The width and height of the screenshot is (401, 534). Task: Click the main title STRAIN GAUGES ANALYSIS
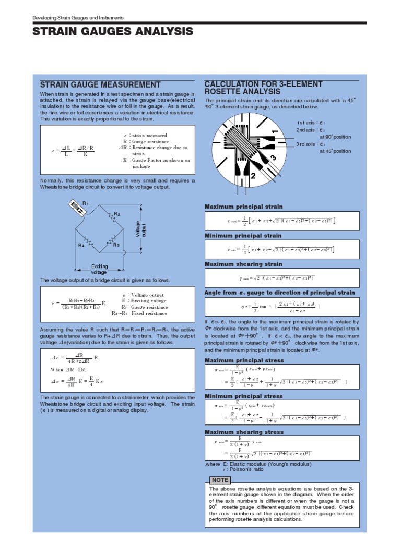113,32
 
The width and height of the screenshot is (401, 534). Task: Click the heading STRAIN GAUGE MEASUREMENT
100,85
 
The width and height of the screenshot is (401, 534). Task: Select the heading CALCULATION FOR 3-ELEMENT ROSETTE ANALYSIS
263,88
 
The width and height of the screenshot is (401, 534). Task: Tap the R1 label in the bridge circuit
86,203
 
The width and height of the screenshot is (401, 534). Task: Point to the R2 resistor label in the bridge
117,214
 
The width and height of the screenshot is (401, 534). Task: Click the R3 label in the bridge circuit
116,245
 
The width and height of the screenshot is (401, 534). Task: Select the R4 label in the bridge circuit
81,245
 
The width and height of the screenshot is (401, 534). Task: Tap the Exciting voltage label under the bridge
99,269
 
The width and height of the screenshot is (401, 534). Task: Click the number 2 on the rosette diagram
253,177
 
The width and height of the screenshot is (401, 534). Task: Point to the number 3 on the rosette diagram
272,158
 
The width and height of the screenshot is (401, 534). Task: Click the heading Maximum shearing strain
243,264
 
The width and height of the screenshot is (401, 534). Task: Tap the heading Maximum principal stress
244,360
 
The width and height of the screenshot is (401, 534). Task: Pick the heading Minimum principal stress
243,396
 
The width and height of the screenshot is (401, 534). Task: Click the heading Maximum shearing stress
244,432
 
